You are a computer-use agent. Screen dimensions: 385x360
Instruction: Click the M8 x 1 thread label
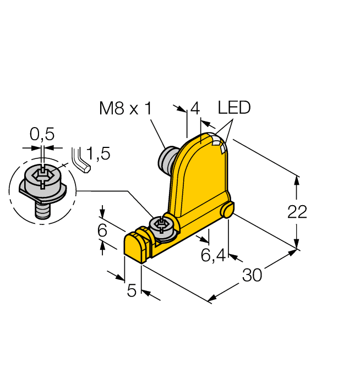click(x=125, y=109)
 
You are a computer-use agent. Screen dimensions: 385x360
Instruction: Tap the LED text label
click(x=233, y=108)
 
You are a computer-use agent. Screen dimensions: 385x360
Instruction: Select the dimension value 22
click(x=298, y=212)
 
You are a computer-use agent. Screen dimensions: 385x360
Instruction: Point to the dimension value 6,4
click(x=212, y=256)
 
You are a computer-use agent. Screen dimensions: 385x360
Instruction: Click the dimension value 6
click(x=102, y=231)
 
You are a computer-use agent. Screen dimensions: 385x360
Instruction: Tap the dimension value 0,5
click(x=42, y=134)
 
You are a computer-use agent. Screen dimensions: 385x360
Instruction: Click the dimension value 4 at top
click(x=194, y=109)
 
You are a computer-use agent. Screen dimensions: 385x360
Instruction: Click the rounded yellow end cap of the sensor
click(x=134, y=246)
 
